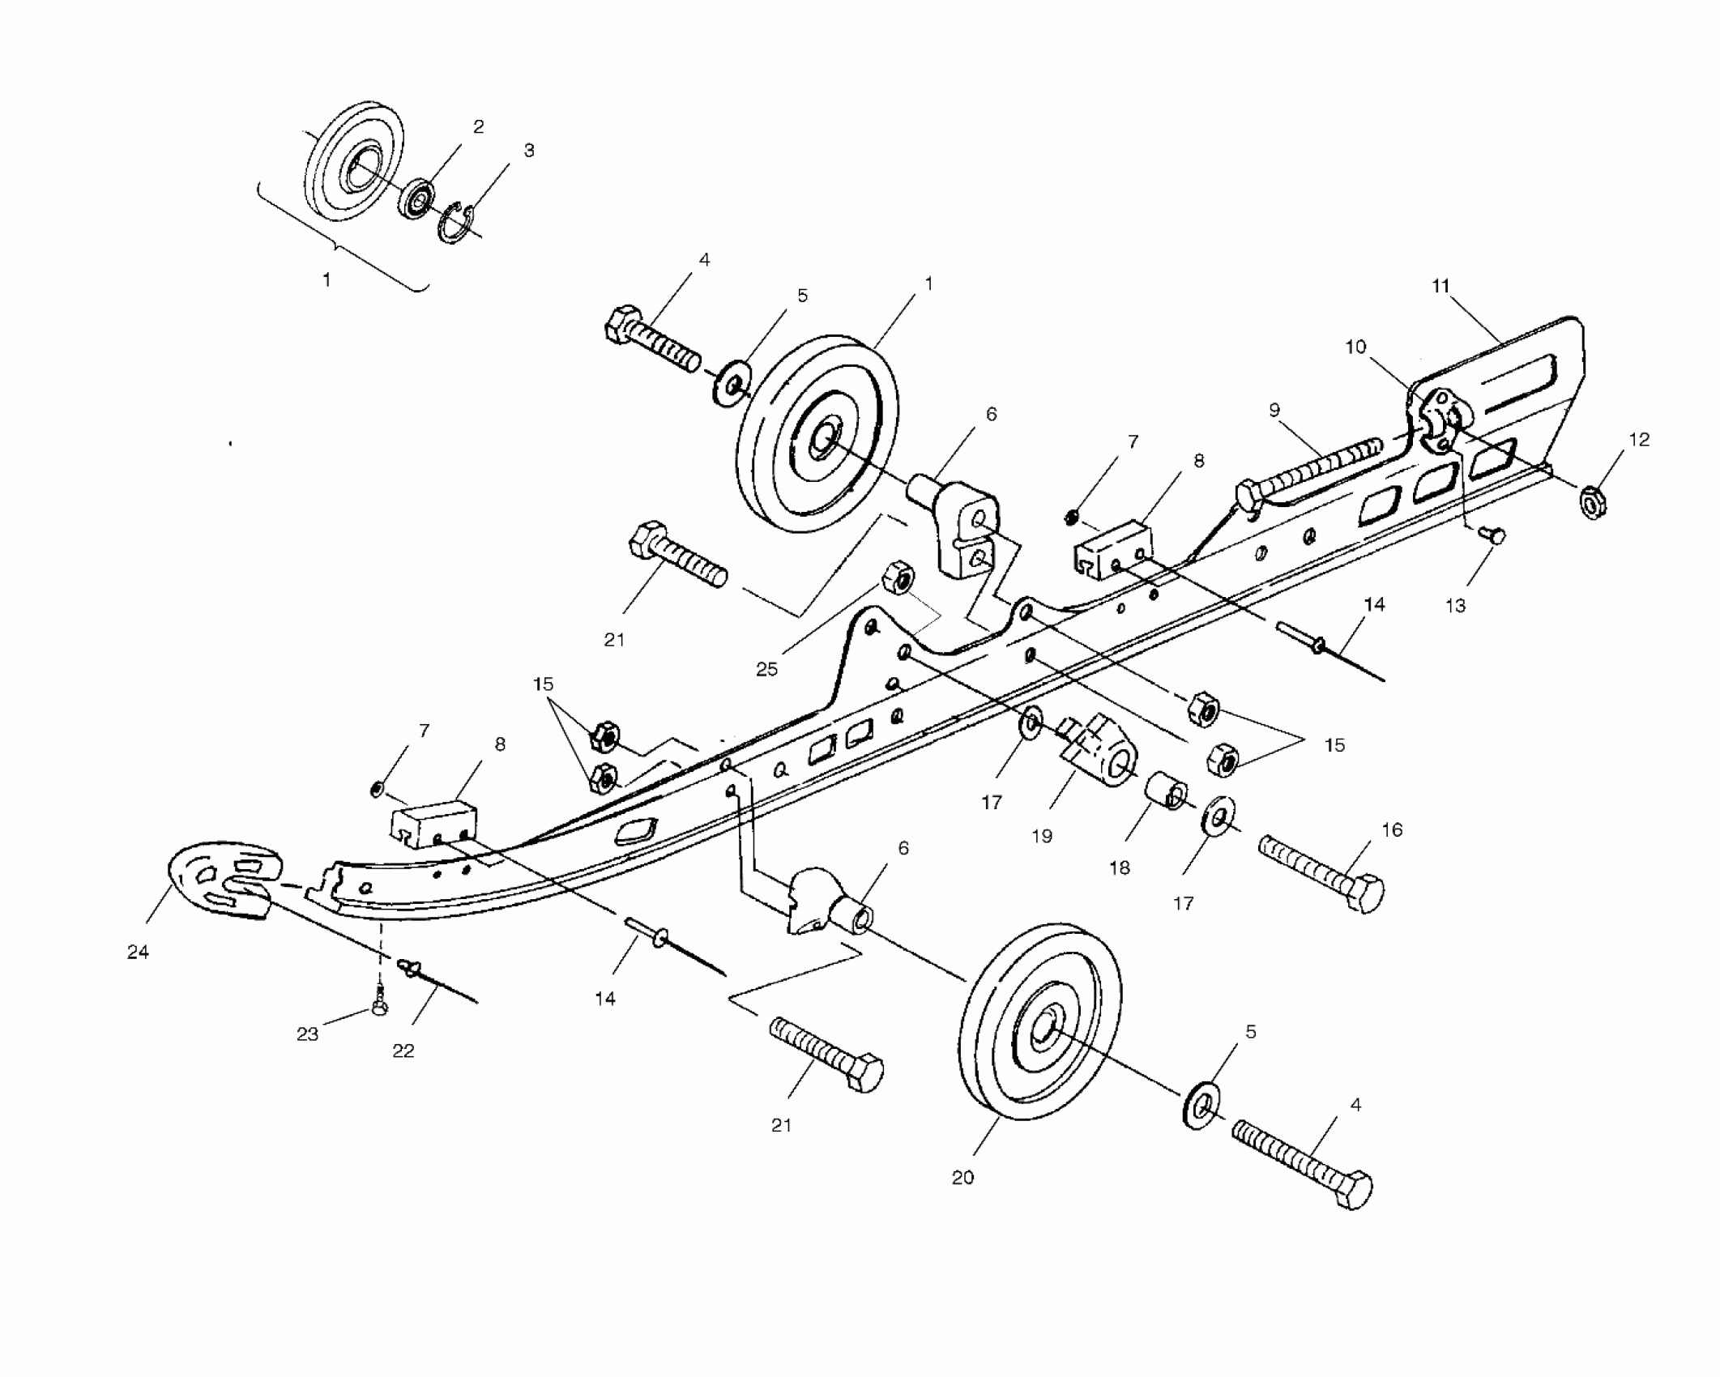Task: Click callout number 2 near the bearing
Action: (479, 126)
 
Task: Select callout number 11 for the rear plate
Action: (1440, 286)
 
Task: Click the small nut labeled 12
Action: (1593, 502)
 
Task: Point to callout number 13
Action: (1455, 605)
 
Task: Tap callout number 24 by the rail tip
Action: (138, 952)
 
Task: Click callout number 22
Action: (403, 1051)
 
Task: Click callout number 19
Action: (1042, 835)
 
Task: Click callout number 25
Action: (766, 669)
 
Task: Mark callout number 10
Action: (1355, 347)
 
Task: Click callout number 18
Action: (1120, 868)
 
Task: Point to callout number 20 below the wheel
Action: (962, 1178)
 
